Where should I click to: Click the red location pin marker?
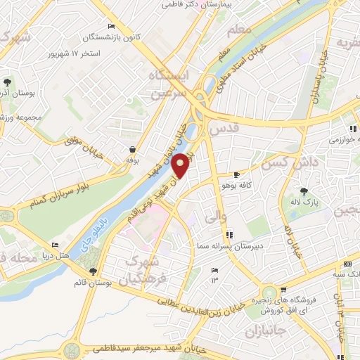coord(181,166)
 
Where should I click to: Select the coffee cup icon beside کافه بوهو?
coord(236,174)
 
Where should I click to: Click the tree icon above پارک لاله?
coord(304,191)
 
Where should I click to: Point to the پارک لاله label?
coord(304,202)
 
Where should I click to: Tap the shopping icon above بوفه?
coord(132,150)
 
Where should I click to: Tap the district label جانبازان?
coord(265,329)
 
